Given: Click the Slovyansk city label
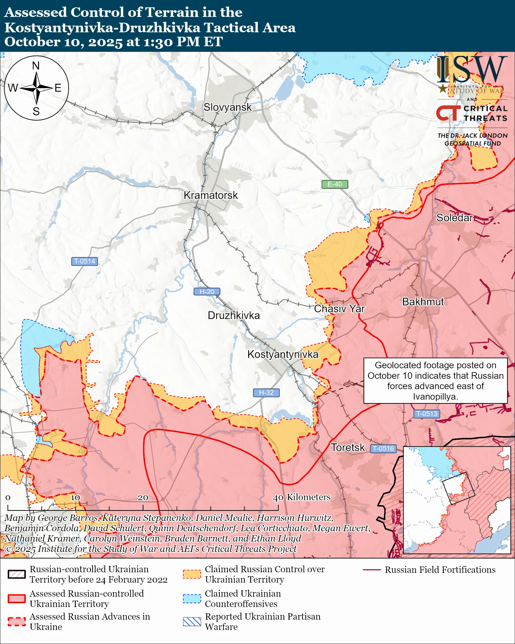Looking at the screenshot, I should tap(228, 107).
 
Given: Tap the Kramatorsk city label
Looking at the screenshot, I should tap(211, 195).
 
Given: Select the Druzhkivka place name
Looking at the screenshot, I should tap(234, 315).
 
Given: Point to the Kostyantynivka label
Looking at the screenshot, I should tap(283, 354).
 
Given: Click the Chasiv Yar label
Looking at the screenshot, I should tap(339, 309).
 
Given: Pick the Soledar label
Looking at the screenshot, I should tap(454, 218).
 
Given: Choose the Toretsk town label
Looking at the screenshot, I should tap(348, 447).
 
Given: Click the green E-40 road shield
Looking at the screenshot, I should tap(335, 184).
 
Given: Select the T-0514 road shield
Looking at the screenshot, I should tap(84, 261).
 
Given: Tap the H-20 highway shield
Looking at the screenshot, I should tap(207, 292).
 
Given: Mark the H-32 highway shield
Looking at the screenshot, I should tap(266, 393).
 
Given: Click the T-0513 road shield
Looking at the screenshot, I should tap(427, 414).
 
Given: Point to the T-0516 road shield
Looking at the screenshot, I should tap(384, 448).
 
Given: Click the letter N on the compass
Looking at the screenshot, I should tap(36, 65).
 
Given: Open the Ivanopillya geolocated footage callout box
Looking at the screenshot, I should tap(435, 381).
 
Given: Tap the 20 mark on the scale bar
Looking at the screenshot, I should tap(143, 498).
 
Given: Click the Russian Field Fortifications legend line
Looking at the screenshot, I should tap(372, 570).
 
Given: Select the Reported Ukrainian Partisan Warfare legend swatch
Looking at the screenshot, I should tap(192, 622).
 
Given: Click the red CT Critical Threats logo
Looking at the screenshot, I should tap(448, 113).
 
